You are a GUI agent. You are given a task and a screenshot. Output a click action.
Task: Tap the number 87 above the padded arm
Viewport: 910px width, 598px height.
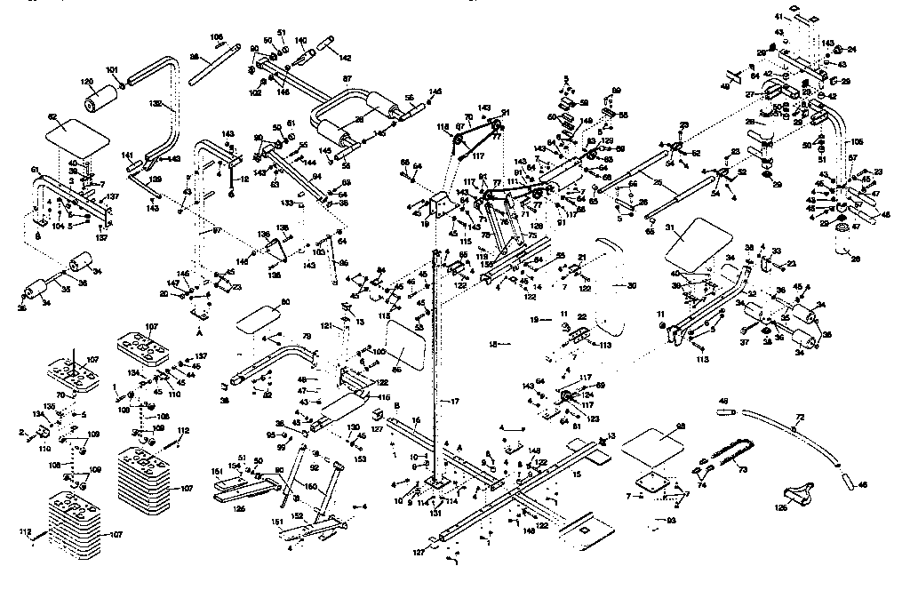(347, 79)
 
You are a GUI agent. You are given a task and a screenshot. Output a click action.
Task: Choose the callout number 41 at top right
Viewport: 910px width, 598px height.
(778, 17)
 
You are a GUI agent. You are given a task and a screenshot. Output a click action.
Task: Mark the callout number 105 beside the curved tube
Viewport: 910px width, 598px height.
(857, 141)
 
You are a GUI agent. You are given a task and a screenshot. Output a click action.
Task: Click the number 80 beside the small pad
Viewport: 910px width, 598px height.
(285, 303)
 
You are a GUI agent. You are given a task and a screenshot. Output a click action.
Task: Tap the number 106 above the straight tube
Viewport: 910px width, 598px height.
(216, 37)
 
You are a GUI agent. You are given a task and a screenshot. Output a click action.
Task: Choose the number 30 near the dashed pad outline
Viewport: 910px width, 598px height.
(632, 286)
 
